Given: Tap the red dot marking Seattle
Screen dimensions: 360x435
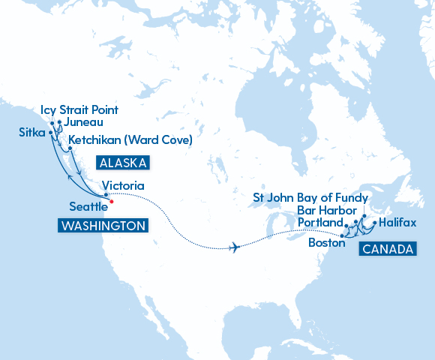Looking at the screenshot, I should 111,201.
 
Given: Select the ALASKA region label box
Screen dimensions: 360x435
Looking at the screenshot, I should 122,163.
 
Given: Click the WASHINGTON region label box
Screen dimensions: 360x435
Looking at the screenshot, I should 102,225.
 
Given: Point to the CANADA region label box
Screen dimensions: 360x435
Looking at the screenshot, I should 387,250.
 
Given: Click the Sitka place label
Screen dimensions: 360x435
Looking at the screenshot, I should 33,133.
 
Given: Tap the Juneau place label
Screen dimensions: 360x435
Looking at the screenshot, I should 83,122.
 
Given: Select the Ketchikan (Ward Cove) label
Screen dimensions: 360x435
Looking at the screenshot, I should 130,139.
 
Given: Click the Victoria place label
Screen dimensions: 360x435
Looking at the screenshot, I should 122,185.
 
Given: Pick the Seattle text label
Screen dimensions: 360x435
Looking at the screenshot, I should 89,206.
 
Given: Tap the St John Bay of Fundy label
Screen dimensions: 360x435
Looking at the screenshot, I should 310,198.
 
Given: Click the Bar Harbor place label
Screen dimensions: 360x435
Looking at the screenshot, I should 326,210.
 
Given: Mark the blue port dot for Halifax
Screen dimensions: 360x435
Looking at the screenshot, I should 375,223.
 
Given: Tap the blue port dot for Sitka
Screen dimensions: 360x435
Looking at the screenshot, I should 51,133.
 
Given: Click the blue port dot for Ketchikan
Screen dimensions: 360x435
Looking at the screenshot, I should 70,148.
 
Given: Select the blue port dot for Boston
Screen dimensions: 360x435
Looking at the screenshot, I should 343,237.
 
